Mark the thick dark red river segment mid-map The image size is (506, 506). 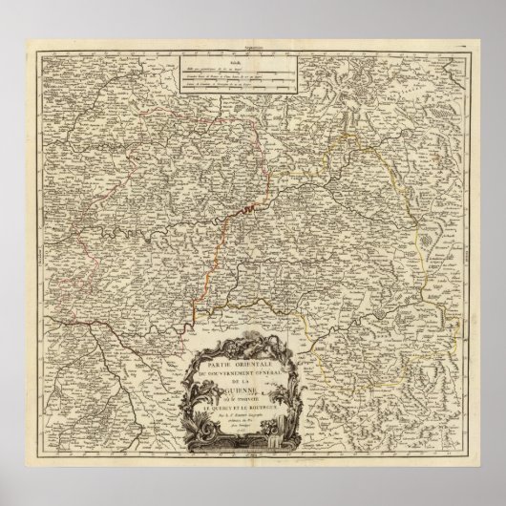(x=251, y=207)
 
